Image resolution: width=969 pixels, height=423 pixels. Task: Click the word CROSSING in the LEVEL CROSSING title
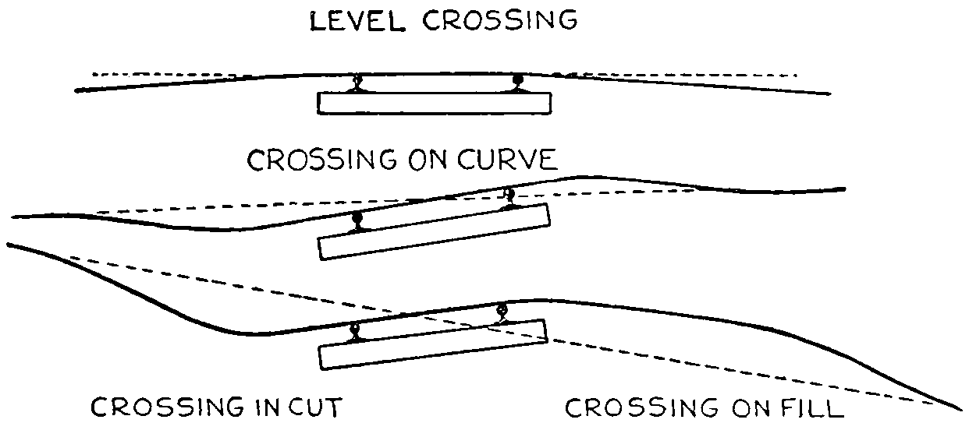500,21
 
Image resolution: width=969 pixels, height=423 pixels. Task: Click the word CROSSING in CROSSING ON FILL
628,407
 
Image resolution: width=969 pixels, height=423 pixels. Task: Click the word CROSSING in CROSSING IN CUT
167,407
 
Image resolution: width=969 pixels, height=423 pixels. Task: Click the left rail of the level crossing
357,83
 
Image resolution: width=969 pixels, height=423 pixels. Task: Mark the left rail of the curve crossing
357,222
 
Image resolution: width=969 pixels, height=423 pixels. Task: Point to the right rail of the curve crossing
509,196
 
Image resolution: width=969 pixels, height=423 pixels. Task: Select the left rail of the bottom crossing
355,330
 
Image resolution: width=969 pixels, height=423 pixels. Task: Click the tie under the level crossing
435,104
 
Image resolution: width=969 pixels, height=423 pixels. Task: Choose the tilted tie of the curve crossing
434,231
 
